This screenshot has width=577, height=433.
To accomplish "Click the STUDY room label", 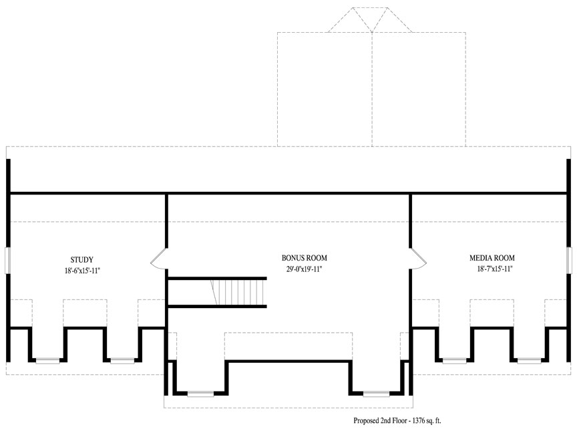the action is pyautogui.click(x=81, y=259).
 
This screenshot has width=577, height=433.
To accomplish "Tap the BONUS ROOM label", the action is pyautogui.click(x=305, y=258).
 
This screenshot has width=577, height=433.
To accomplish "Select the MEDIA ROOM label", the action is pyautogui.click(x=492, y=258).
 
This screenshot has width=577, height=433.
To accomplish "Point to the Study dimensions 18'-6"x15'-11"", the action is pyautogui.click(x=82, y=271).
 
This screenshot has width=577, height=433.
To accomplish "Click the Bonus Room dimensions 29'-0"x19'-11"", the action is pyautogui.click(x=305, y=269).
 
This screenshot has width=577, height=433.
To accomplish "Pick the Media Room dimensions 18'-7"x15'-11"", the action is pyautogui.click(x=495, y=269).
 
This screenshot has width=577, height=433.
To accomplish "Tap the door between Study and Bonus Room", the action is pyautogui.click(x=159, y=258).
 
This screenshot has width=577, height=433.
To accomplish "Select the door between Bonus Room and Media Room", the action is pyautogui.click(x=418, y=258).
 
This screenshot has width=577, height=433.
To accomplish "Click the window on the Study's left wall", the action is pyautogui.click(x=7, y=261).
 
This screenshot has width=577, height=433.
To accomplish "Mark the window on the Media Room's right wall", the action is pyautogui.click(x=570, y=261).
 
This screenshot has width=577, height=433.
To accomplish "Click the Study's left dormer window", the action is pyautogui.click(x=47, y=360).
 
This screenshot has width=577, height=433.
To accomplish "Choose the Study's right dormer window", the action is pyautogui.click(x=122, y=360).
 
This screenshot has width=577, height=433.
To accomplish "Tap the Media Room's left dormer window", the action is pyautogui.click(x=455, y=360).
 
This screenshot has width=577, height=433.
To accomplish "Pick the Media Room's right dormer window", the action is pyautogui.click(x=530, y=360).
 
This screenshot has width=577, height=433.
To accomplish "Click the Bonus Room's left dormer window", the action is pyautogui.click(x=200, y=394).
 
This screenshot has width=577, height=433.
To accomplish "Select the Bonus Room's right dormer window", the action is pyautogui.click(x=377, y=394).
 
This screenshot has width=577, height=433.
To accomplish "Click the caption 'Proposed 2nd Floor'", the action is pyautogui.click(x=381, y=420).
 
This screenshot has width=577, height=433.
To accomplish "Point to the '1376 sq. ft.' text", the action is pyautogui.click(x=427, y=420).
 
